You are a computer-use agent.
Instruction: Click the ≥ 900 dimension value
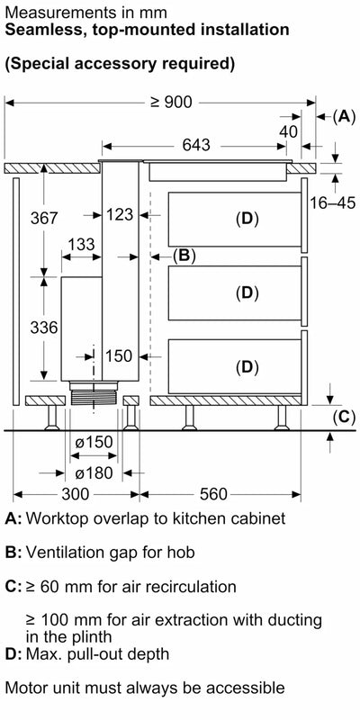pyautogui.click(x=171, y=102)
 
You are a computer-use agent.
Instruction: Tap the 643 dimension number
pyautogui.click(x=196, y=145)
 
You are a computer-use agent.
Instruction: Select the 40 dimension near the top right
pyautogui.click(x=288, y=131)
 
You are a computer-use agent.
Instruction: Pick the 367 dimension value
pyautogui.click(x=43, y=219)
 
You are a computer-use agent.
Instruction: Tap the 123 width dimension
pyautogui.click(x=119, y=214)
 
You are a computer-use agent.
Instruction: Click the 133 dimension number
pyautogui.click(x=81, y=245)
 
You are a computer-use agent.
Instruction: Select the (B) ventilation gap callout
pyautogui.click(x=184, y=256)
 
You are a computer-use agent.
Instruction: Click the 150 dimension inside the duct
pyautogui.click(x=118, y=356)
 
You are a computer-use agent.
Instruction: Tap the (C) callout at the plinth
pyautogui.click(x=343, y=416)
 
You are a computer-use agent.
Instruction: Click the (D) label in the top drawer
pyautogui.click(x=247, y=219)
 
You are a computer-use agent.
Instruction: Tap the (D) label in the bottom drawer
pyautogui.click(x=247, y=366)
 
